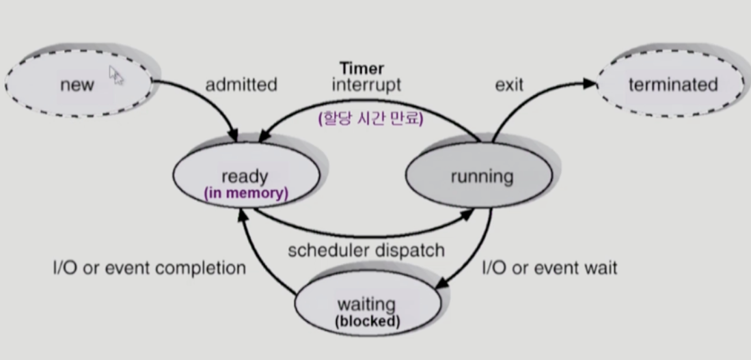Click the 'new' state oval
coord(77,85)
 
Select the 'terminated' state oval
coord(672,85)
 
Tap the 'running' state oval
coord(481,176)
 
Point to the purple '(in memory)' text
coord(246,193)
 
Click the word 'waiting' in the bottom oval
coord(366,304)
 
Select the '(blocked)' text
coord(367,320)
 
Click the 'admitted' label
coord(241,85)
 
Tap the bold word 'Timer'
coord(361,68)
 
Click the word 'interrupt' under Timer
coord(366,85)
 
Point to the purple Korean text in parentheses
coord(370,118)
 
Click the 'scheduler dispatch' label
coord(366,250)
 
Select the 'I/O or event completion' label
coord(149,268)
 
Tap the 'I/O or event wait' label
coord(549,268)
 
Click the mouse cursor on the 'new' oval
coord(115,74)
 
